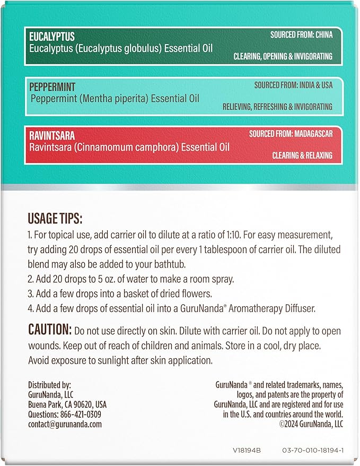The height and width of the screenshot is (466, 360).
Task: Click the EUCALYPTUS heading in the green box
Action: click(51, 37)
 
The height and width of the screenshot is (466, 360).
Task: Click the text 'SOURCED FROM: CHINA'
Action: click(302, 35)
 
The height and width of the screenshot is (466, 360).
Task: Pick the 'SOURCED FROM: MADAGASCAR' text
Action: click(291, 134)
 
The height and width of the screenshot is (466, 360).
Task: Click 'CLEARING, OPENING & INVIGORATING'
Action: click(283, 56)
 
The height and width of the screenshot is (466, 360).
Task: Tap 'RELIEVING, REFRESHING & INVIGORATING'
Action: click(278, 106)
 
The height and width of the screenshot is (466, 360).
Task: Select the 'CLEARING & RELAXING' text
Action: click(302, 156)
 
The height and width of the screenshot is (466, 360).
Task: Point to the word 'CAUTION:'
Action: click(49, 330)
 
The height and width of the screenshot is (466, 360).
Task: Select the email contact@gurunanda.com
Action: click(65, 424)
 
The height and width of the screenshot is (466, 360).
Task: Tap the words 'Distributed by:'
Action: click(49, 385)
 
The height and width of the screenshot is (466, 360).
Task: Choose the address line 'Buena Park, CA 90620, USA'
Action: click(67, 404)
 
